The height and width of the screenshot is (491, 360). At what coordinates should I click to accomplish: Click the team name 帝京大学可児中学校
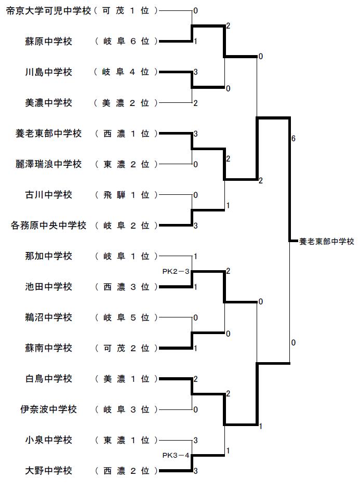[x=48, y=11]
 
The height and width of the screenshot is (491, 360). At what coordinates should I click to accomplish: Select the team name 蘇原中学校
[x=48, y=42]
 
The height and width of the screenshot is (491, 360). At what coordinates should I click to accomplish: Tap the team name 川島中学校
[x=48, y=72]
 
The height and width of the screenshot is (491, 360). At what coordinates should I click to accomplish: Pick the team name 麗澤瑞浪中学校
[x=48, y=164]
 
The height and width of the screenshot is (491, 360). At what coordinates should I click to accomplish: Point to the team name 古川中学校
[x=48, y=195]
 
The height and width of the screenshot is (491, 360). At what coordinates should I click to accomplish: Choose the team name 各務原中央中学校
[x=48, y=225]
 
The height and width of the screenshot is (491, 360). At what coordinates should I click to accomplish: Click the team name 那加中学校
[x=48, y=256]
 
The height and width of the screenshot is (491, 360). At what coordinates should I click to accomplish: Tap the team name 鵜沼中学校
[x=48, y=317]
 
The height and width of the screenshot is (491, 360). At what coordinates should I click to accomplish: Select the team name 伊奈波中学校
[x=48, y=409]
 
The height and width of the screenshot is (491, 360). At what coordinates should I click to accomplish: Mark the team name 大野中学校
[x=48, y=471]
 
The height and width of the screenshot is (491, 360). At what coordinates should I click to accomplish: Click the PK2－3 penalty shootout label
[x=176, y=272]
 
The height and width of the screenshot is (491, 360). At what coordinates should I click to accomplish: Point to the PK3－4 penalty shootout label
[x=176, y=455]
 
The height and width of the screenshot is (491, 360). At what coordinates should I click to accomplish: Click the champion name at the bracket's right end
[x=327, y=242]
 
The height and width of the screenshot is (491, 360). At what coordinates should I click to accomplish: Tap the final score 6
[x=294, y=138]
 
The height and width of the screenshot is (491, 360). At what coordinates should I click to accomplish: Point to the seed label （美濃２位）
[x=126, y=103]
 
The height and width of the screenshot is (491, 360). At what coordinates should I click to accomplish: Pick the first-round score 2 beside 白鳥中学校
[x=196, y=379]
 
